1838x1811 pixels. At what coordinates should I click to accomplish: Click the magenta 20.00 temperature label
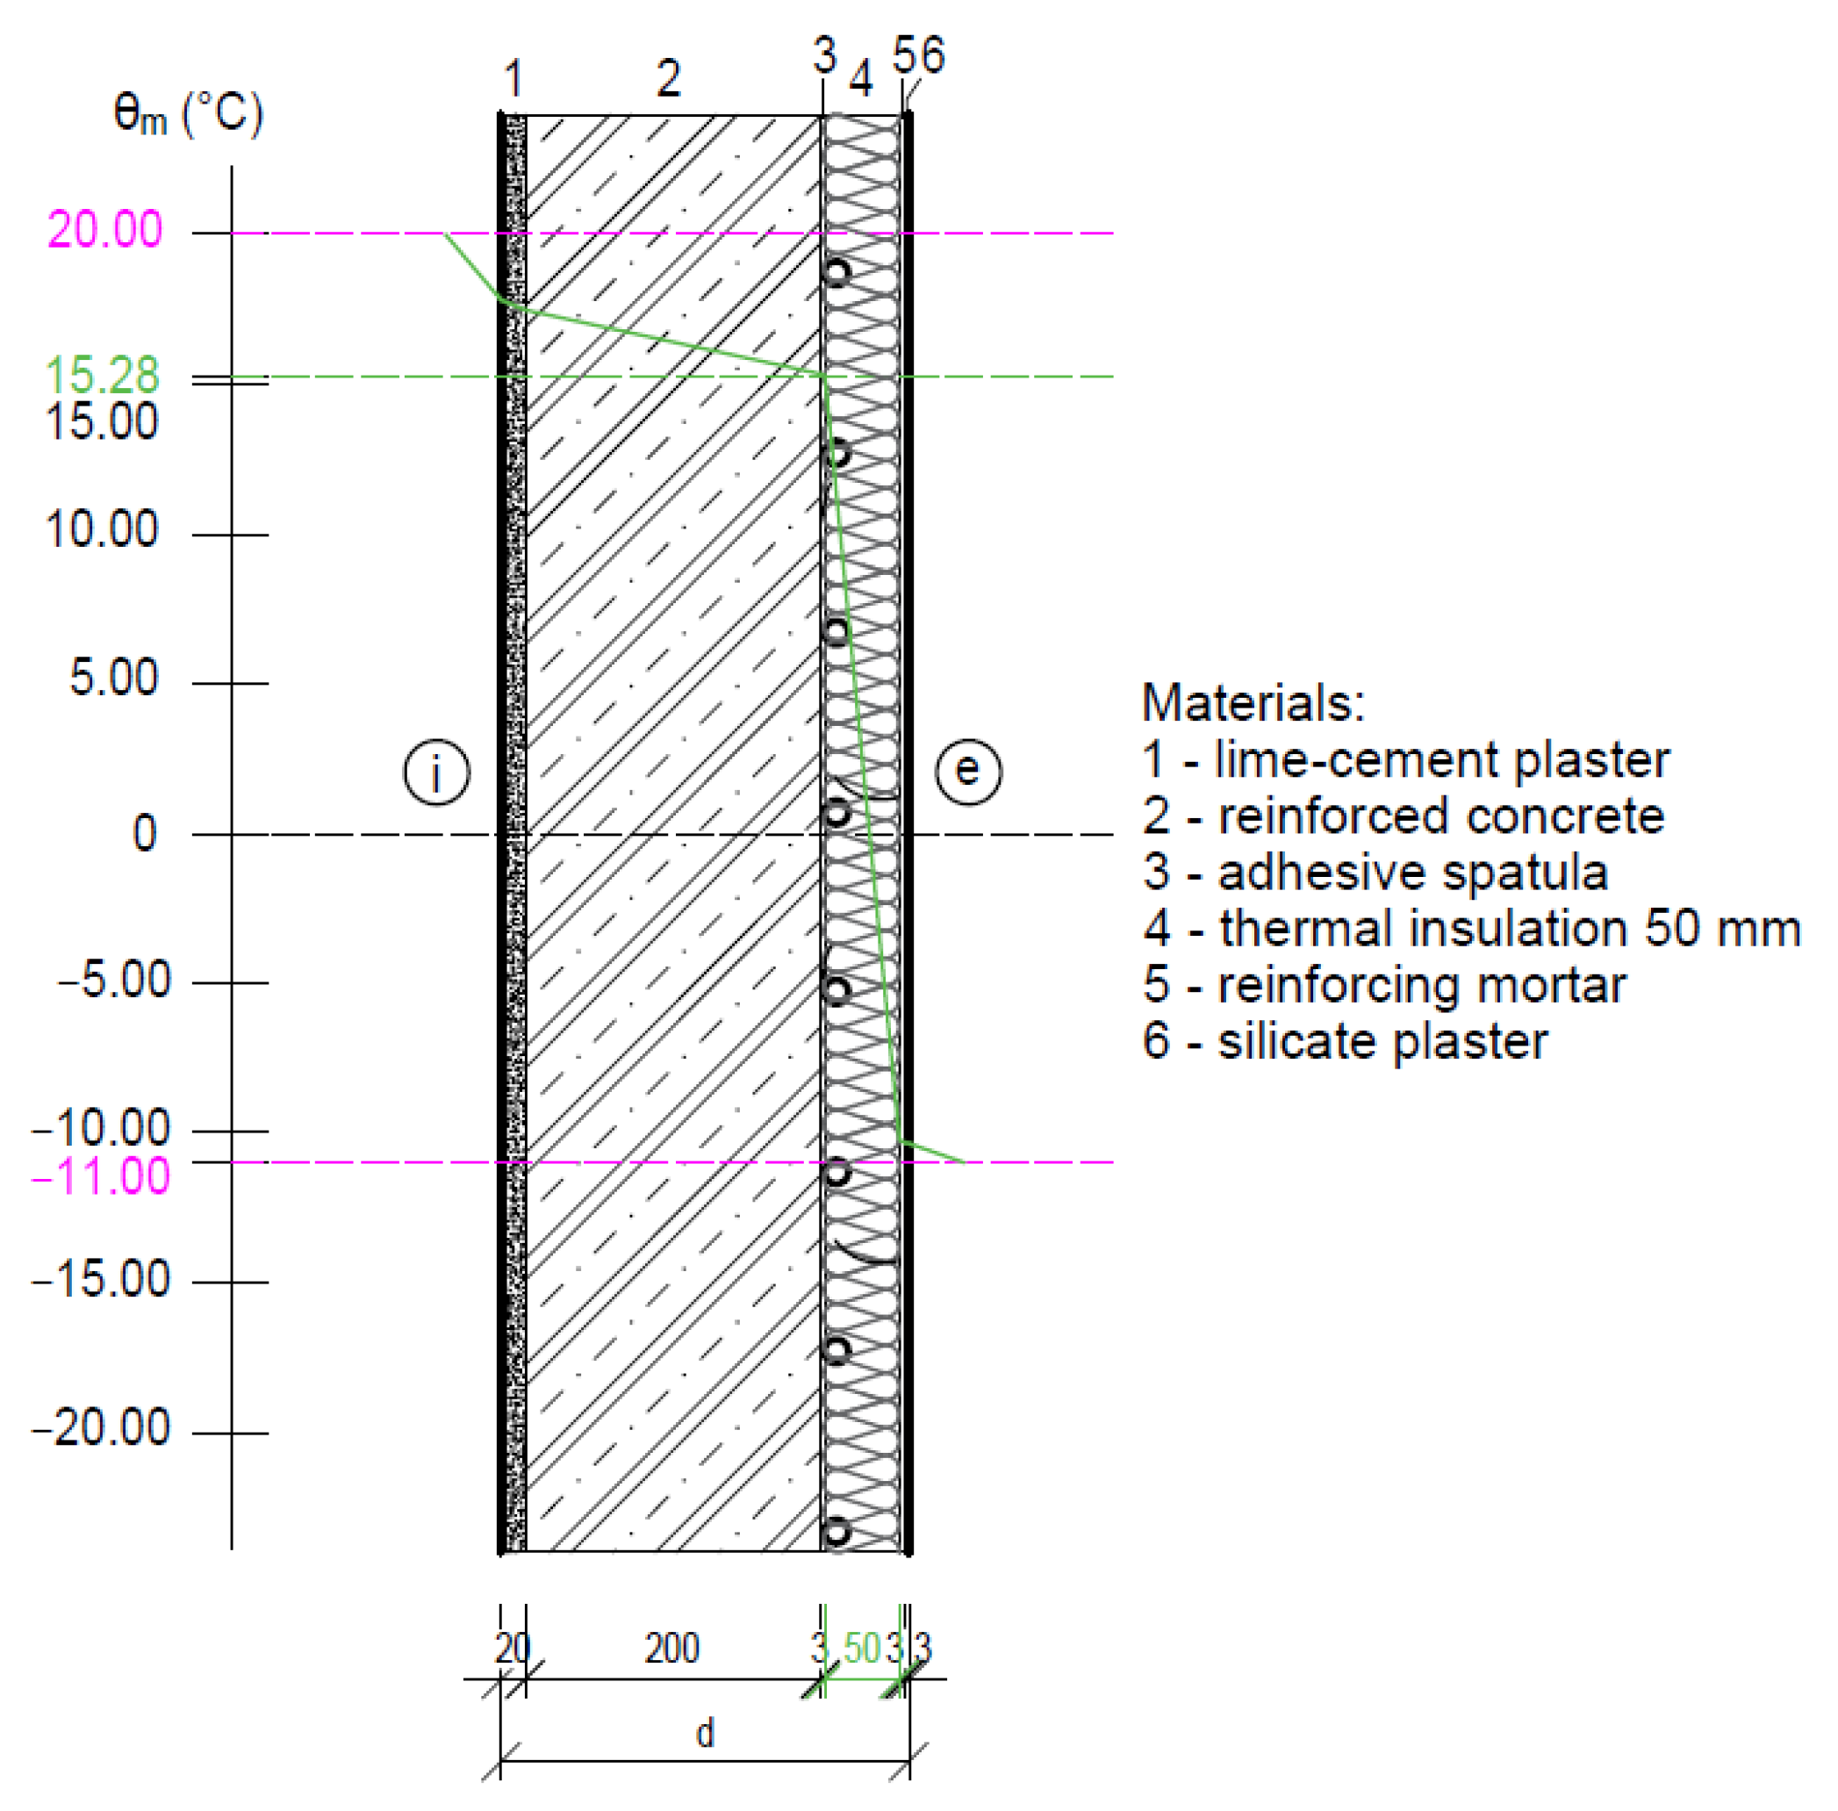click(x=104, y=230)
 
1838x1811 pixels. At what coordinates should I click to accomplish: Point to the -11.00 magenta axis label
click(x=101, y=1175)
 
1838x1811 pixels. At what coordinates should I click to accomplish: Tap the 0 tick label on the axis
click(x=145, y=833)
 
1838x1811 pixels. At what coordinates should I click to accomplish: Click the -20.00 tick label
click(x=101, y=1427)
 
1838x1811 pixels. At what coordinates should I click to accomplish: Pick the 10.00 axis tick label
click(x=102, y=528)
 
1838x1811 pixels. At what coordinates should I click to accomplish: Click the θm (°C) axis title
click(x=188, y=115)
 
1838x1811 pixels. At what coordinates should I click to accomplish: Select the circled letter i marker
click(x=436, y=772)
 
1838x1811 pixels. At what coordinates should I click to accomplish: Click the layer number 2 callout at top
click(x=669, y=78)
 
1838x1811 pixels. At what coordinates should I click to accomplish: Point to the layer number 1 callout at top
click(x=513, y=78)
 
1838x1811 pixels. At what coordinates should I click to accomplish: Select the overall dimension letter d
click(x=705, y=1733)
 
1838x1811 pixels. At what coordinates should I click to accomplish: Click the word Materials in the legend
click(x=1253, y=703)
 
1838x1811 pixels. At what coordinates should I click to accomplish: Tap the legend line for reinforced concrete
click(x=1403, y=816)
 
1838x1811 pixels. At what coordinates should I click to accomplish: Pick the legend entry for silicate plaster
click(x=1345, y=1040)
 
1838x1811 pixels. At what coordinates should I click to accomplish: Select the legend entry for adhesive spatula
click(x=1374, y=873)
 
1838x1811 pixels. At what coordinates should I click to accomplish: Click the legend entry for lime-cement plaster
click(x=1404, y=760)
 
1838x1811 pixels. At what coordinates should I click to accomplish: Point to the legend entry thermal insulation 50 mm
click(x=1471, y=929)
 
